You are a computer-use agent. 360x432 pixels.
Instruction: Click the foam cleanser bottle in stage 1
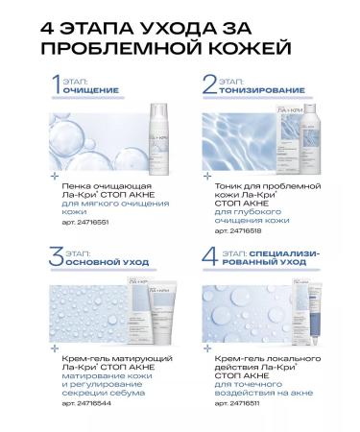(144, 142)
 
